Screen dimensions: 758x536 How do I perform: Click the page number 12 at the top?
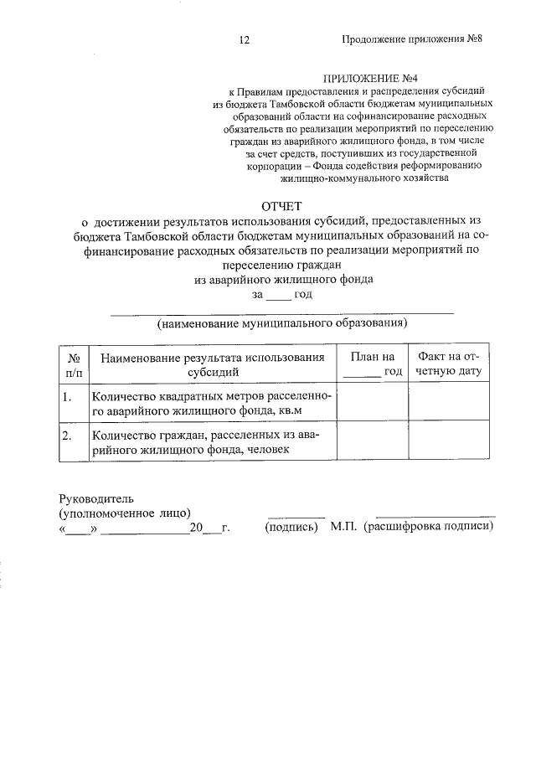click(245, 40)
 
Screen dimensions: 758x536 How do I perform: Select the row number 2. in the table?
click(68, 436)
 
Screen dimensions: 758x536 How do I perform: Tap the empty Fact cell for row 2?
click(448, 442)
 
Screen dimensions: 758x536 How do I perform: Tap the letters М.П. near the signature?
click(343, 528)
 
